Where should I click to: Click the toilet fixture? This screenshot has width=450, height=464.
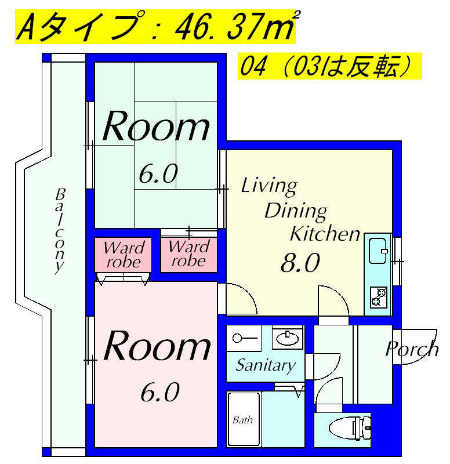pyautogui.click(x=350, y=427)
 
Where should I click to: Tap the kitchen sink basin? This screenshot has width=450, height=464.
pyautogui.click(x=378, y=251)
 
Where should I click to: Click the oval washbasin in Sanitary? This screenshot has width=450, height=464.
pyautogui.click(x=287, y=338)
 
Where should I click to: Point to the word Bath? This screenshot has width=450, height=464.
pyautogui.click(x=242, y=419)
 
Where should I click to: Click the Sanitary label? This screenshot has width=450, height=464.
pyautogui.click(x=266, y=366)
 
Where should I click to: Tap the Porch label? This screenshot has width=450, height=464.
pyautogui.click(x=412, y=350)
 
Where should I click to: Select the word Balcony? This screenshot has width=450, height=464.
pyautogui.click(x=60, y=231)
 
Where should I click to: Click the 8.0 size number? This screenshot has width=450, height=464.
pyautogui.click(x=300, y=263)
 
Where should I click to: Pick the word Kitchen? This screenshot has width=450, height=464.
pyautogui.click(x=325, y=234)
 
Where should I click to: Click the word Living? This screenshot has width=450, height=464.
pyautogui.click(x=269, y=186)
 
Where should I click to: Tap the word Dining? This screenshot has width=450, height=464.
pyautogui.click(x=296, y=212)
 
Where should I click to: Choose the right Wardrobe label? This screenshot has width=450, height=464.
pyautogui.click(x=189, y=254)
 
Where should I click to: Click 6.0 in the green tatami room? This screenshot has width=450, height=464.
pyautogui.click(x=158, y=174)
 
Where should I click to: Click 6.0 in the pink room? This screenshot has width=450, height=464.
pyautogui.click(x=160, y=393)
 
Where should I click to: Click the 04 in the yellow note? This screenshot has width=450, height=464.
pyautogui.click(x=252, y=66)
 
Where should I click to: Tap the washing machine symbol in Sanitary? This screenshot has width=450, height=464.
pyautogui.click(x=244, y=338)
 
